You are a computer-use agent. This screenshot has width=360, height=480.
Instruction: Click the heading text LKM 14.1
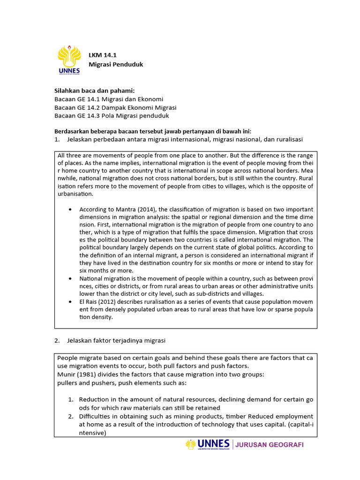(103, 55)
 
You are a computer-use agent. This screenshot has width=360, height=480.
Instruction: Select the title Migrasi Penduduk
(116, 64)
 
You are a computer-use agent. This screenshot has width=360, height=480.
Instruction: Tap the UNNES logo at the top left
(69, 60)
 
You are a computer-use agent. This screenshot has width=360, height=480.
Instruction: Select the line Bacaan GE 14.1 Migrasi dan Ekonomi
(109, 99)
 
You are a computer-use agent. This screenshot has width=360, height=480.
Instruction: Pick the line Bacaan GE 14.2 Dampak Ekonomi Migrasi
(115, 107)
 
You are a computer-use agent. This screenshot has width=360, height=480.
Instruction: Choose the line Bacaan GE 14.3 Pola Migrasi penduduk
(112, 116)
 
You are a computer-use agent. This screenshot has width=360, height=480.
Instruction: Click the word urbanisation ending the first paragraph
(75, 194)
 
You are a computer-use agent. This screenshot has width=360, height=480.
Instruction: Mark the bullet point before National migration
(70, 278)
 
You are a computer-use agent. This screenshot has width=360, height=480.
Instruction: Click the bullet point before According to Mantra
(70, 209)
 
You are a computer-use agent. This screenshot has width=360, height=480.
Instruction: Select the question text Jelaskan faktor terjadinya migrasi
(116, 340)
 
